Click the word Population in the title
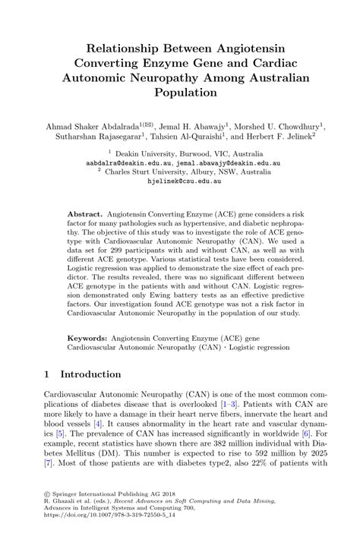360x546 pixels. tap(180, 92)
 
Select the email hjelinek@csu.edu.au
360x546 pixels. tap(180, 183)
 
